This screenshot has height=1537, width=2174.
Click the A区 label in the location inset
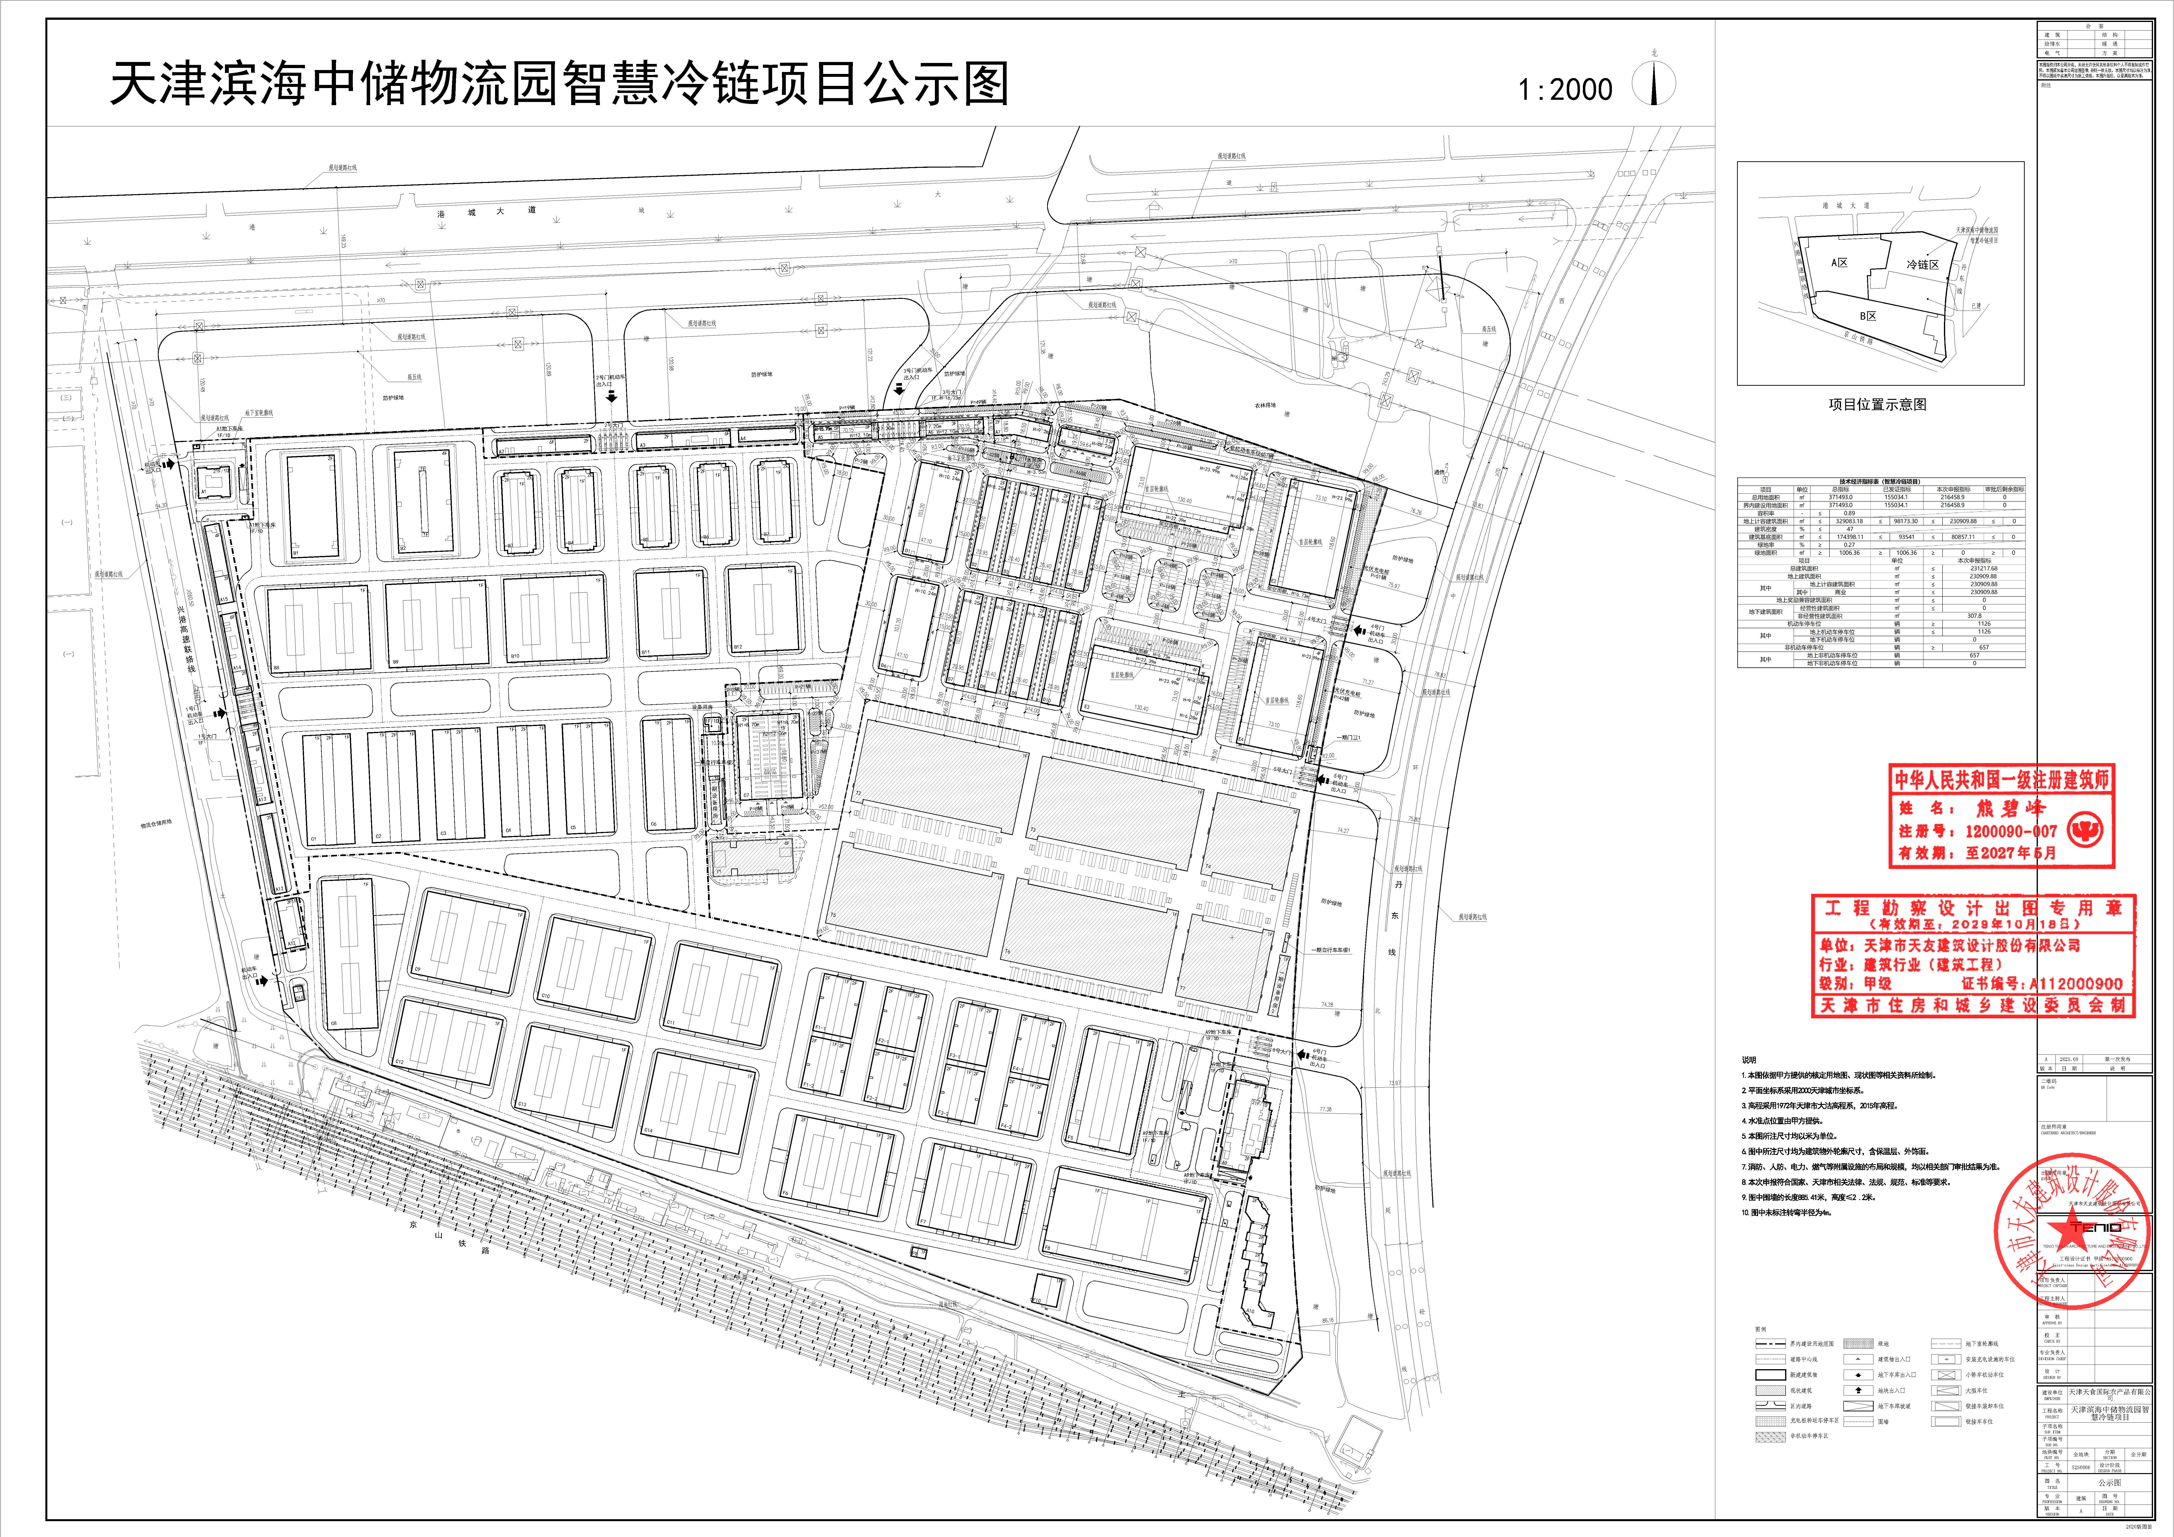coord(1839,262)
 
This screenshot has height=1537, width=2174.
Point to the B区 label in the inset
coord(1867,316)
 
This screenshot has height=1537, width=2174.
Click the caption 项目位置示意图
coord(1877,404)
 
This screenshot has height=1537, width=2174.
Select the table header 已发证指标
coord(1894,490)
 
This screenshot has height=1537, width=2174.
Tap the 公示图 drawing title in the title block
coord(2110,1483)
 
